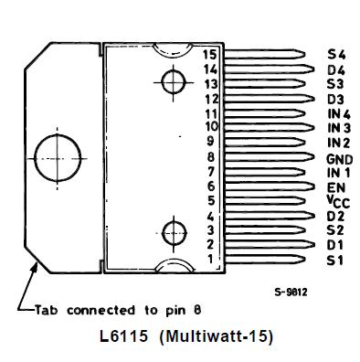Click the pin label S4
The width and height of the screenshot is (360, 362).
click(336, 54)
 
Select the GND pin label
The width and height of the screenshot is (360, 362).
click(338, 158)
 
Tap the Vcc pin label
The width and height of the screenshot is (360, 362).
click(337, 201)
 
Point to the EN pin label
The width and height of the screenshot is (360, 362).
click(335, 186)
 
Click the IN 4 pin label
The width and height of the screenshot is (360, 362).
click(338, 112)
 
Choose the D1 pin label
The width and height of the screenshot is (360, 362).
click(335, 245)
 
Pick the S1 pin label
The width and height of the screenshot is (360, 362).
click(335, 261)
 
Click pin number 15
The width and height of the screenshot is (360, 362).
click(210, 54)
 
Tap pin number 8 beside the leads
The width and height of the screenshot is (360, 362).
click(210, 156)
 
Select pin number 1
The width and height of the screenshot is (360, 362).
click(210, 260)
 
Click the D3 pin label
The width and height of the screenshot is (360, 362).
click(336, 99)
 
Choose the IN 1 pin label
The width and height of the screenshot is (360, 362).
click(338, 172)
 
